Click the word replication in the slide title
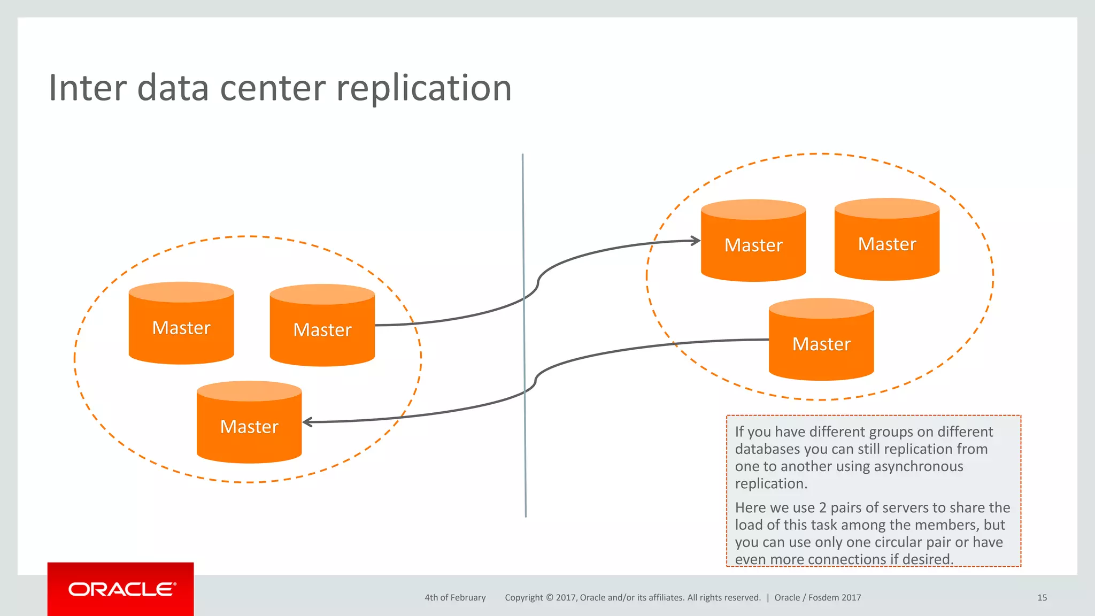(x=423, y=89)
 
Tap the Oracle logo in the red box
(x=121, y=589)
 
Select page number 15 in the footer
(x=1042, y=598)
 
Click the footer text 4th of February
(x=455, y=598)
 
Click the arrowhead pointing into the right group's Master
(x=695, y=241)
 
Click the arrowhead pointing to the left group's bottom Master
(x=308, y=422)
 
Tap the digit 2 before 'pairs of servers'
(x=822, y=507)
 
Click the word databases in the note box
(x=767, y=449)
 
